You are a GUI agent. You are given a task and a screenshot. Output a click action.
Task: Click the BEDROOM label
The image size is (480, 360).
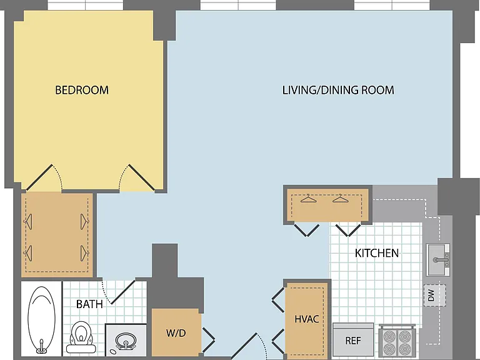pyautogui.click(x=82, y=90)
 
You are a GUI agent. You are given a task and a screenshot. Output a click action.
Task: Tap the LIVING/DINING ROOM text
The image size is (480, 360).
pyautogui.click(x=338, y=90)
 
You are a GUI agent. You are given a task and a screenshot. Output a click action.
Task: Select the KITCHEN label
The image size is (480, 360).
pyautogui.click(x=376, y=253)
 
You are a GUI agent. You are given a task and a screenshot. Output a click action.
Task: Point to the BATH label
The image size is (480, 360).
pyautogui.click(x=89, y=304)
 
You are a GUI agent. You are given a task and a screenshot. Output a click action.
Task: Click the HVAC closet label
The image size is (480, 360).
pyautogui.click(x=307, y=319)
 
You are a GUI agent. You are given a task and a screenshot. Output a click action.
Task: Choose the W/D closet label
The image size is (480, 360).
pyautogui.click(x=176, y=333)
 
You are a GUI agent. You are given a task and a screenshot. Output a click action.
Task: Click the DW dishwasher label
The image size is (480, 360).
pyautogui.click(x=431, y=296)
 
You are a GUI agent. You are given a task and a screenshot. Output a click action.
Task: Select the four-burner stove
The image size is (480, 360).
pyautogui.click(x=397, y=340)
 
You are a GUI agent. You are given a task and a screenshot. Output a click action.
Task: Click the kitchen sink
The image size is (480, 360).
pyautogui.click(x=437, y=259)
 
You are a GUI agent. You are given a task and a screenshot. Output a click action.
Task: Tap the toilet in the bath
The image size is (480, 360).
pyautogui.click(x=81, y=337)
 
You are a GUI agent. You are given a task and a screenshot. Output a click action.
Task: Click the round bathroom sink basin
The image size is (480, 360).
pyautogui.click(x=126, y=341)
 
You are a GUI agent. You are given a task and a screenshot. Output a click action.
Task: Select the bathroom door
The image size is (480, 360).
pyautogui.click(x=123, y=292)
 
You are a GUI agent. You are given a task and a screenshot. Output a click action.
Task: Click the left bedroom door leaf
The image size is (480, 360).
pyautogui.click(x=39, y=177)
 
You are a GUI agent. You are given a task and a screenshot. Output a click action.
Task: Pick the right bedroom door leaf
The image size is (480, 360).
pyautogui.click(x=141, y=177)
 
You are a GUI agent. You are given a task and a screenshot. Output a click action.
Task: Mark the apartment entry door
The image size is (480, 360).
pyautogui.click(x=244, y=346)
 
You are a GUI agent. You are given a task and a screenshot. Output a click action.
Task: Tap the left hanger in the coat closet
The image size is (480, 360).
pyautogui.click(x=309, y=199)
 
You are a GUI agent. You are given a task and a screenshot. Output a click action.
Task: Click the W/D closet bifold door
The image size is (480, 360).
pyautogui.click(x=208, y=340)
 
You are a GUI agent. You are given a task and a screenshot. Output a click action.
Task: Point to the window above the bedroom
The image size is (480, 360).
pyautogui.click(x=86, y=5)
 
